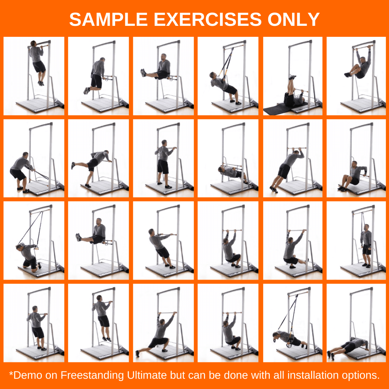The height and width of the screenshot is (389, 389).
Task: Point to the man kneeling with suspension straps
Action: [x=28, y=256]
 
